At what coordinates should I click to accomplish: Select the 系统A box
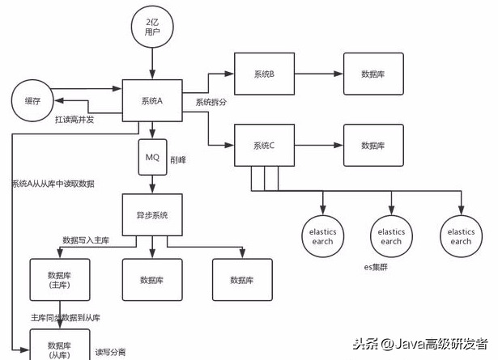coord(152,100)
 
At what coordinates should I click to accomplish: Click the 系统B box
coord(264,74)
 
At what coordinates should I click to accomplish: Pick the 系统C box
coord(264,145)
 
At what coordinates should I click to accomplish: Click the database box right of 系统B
coord(373,74)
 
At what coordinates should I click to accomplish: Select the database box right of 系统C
coord(373,145)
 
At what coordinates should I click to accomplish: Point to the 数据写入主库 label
coord(92,241)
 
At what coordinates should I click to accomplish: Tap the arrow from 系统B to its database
coord(317,74)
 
